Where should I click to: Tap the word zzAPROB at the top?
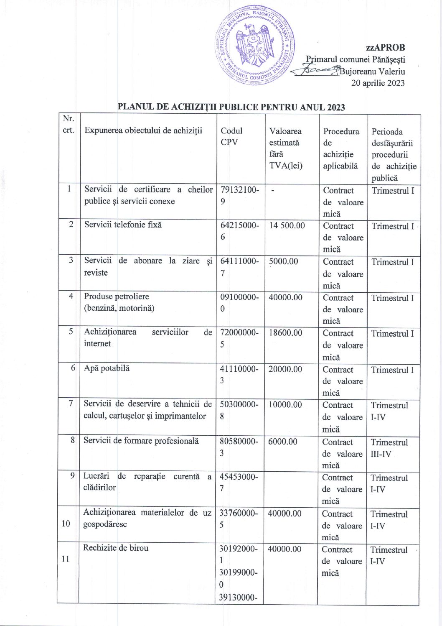point(385,48)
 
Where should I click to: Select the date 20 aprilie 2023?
point(378,83)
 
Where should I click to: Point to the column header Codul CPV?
point(231,136)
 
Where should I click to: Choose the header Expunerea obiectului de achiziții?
point(143,130)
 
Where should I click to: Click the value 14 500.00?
point(287,226)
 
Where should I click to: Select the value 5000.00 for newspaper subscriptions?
point(284,262)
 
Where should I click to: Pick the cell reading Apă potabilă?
point(107,368)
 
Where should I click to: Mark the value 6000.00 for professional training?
point(283,442)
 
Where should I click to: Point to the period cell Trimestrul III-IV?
point(389,448)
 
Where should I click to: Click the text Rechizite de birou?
point(116,548)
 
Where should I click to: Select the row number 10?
point(66,524)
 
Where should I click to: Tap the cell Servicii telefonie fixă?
point(123,225)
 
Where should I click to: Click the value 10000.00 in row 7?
point(285,405)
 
